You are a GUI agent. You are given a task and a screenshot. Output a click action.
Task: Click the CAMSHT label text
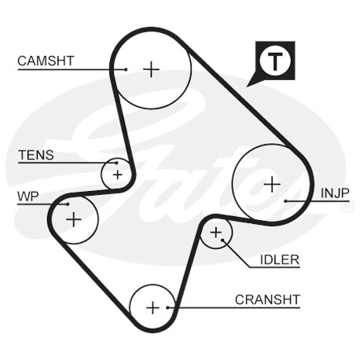click(x=46, y=61)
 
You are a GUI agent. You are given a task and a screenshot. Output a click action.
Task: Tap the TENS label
click(x=36, y=155)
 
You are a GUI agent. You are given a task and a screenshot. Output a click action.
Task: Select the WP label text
click(x=28, y=197)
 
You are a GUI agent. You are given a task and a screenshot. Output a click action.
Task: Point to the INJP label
click(x=335, y=193)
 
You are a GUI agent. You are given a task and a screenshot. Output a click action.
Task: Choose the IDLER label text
click(x=280, y=259)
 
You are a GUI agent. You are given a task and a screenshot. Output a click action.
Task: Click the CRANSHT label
click(x=267, y=299)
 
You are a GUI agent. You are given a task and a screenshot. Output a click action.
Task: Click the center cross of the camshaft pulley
click(x=151, y=69)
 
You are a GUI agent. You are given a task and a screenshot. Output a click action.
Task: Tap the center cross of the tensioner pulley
click(x=117, y=174)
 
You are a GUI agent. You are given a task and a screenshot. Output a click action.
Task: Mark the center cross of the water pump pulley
click(x=74, y=219)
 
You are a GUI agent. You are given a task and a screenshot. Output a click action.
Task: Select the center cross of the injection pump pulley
click(x=272, y=184)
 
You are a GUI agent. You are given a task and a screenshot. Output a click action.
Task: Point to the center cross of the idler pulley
click(x=216, y=233)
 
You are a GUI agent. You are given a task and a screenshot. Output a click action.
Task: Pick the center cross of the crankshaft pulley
click(x=152, y=307)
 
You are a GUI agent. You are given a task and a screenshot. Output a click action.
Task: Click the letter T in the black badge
click(x=275, y=61)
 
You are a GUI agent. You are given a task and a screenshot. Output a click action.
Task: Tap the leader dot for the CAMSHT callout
click(x=126, y=70)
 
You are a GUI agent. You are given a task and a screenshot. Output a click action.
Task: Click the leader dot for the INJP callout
click(x=286, y=201)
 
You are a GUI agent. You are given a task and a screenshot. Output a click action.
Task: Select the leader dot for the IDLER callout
click(x=222, y=240)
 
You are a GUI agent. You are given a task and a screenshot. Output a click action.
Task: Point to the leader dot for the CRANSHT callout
click(x=167, y=307)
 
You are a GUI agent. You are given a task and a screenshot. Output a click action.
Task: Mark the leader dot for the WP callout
click(x=68, y=204)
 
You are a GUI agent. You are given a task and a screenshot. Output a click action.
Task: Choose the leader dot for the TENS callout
click(x=116, y=163)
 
